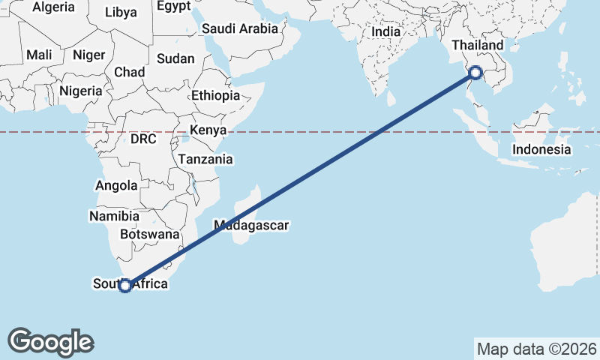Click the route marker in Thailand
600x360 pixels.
(x=475, y=73)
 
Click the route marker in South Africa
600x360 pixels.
(x=125, y=285)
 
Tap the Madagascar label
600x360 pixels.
(x=251, y=224)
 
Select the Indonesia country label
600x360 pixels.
(x=542, y=149)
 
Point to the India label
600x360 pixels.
(x=386, y=32)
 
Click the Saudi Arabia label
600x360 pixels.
(x=240, y=29)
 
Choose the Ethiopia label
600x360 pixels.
(x=215, y=96)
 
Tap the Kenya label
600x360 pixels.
(x=208, y=130)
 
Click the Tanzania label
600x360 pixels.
(x=205, y=160)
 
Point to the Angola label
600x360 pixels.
(x=117, y=186)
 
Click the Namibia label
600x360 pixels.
(x=114, y=216)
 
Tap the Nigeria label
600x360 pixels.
(x=79, y=91)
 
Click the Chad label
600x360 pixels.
(x=129, y=73)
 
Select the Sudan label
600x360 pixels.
(x=175, y=58)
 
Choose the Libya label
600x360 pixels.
(x=121, y=12)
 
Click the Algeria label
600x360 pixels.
(x=54, y=7)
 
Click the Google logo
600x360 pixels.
(x=50, y=341)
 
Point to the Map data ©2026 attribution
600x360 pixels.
(x=536, y=349)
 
